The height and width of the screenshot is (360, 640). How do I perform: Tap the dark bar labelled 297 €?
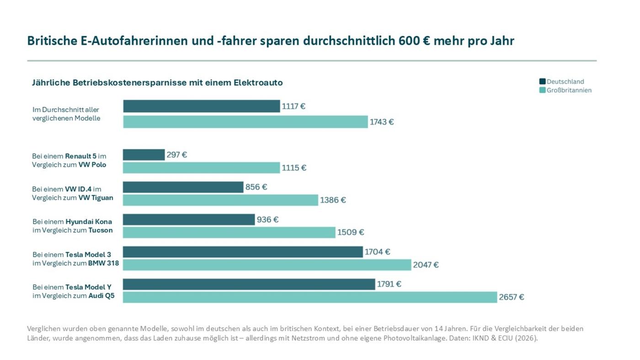(144, 155)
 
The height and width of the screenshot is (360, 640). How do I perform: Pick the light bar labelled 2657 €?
(310, 297)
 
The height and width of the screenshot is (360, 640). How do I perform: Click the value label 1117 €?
(294, 106)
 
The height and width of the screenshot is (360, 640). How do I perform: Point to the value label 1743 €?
(382, 122)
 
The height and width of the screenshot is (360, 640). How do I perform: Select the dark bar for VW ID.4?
(183, 187)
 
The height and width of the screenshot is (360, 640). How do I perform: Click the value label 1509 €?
(351, 232)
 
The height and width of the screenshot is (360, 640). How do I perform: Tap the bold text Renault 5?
(81, 156)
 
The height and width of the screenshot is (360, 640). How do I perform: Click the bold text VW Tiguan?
(96, 197)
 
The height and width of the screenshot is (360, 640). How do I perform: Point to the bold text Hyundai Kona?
(89, 222)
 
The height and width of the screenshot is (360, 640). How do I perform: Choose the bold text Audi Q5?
(101, 296)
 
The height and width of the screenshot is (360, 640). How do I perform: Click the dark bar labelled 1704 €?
(242, 252)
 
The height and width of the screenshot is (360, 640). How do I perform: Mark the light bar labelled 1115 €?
(202, 168)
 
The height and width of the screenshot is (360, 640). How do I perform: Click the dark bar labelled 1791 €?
(249, 284)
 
